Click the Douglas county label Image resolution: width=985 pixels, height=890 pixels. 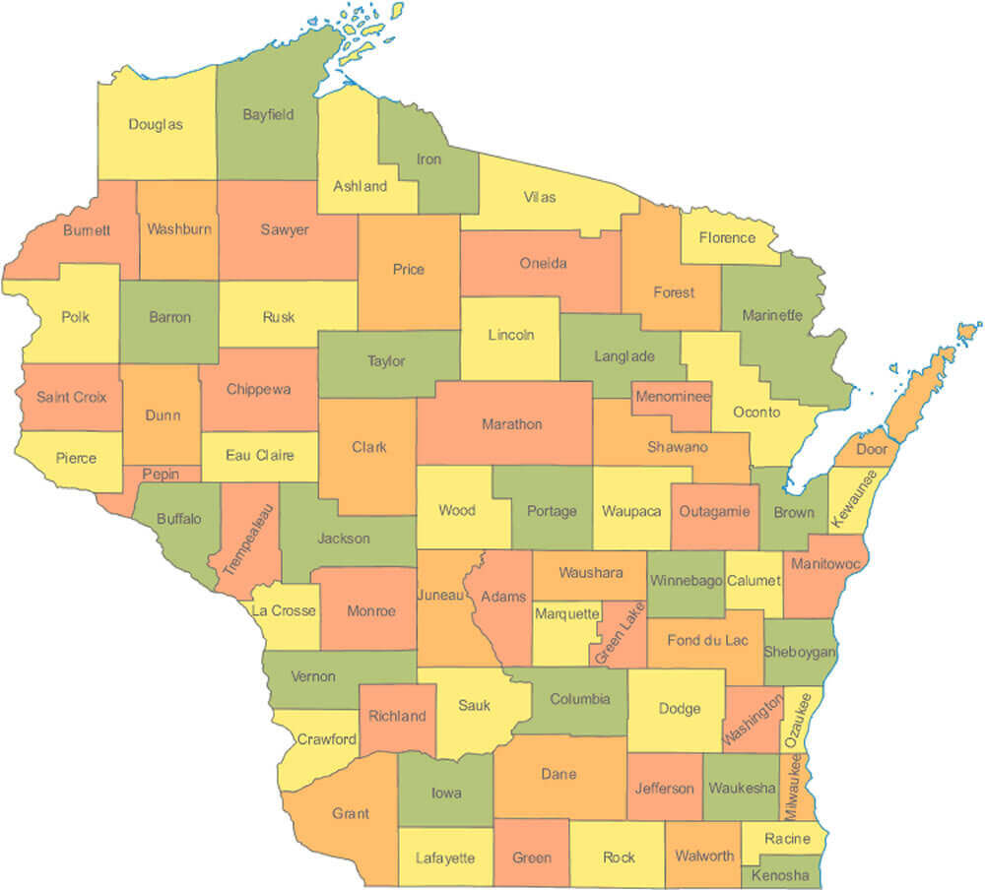[156, 125]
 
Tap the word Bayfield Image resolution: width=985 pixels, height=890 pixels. [268, 114]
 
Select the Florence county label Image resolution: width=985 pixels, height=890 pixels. [727, 237]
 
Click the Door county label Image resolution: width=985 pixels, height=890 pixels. [872, 449]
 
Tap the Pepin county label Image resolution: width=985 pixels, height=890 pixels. [161, 474]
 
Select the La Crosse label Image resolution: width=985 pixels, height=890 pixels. [284, 610]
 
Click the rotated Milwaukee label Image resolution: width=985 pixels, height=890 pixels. [792, 788]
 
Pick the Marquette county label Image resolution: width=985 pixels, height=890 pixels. [566, 614]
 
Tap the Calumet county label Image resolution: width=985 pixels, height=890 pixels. [754, 581]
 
